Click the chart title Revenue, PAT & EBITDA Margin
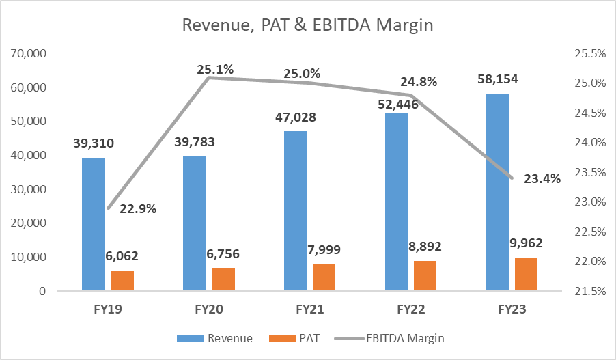coord(307,26)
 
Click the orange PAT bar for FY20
coord(223,279)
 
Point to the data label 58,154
coord(497,79)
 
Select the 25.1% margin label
coord(215,69)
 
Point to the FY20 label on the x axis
coord(210,309)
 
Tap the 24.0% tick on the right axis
coord(589,143)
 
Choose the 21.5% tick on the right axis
coord(589,292)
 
